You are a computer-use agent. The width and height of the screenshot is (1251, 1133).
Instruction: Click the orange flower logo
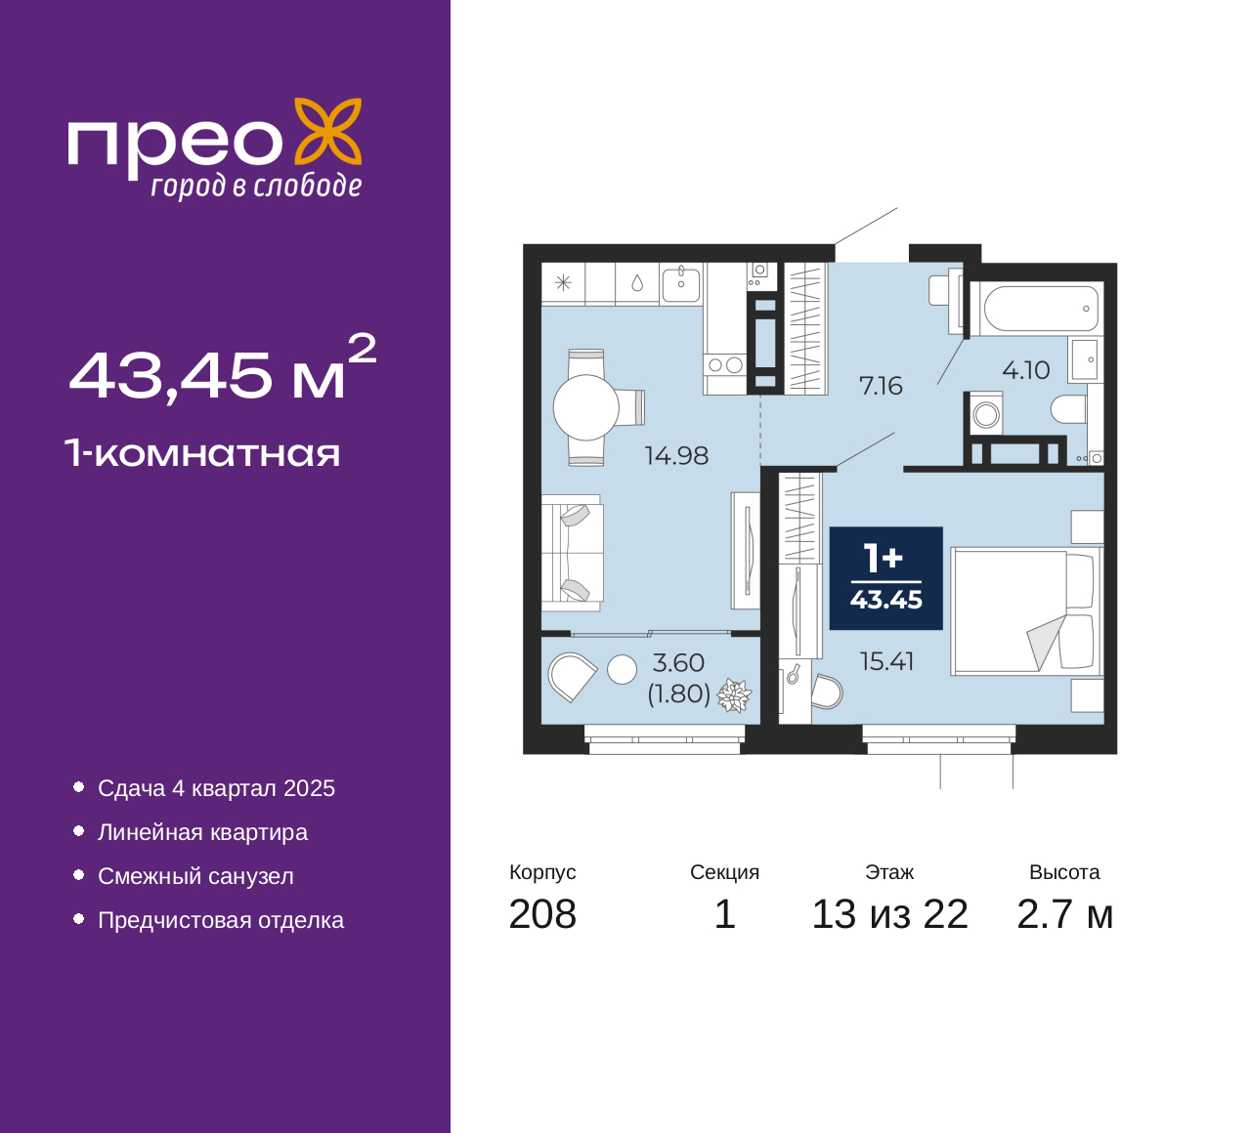pyautogui.click(x=328, y=131)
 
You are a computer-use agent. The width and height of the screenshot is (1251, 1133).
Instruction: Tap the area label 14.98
pyautogui.click(x=676, y=456)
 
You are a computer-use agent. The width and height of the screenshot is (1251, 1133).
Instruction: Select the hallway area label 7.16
pyautogui.click(x=881, y=387)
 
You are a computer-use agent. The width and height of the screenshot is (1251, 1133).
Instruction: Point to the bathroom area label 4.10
pyautogui.click(x=1026, y=370)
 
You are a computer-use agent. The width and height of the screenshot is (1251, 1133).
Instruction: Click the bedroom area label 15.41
pyautogui.click(x=886, y=661)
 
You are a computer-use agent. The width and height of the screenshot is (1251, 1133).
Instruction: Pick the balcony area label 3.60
pyautogui.click(x=678, y=662)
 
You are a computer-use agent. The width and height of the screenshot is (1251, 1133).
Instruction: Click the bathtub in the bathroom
pyautogui.click(x=1040, y=309)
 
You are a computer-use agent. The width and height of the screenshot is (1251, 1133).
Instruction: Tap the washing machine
pyautogui.click(x=985, y=413)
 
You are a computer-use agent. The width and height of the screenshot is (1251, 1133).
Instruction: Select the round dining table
pyautogui.click(x=585, y=407)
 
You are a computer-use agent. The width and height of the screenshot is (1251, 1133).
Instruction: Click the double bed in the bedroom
pyautogui.click(x=1026, y=610)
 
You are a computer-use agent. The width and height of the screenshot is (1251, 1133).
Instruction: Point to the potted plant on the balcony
pyautogui.click(x=734, y=694)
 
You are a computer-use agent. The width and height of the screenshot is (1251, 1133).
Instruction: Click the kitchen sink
pyautogui.click(x=680, y=285)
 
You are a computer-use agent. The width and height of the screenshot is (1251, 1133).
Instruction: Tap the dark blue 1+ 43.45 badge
pyautogui.click(x=885, y=577)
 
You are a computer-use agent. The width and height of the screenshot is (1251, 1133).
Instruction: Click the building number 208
pyautogui.click(x=542, y=914)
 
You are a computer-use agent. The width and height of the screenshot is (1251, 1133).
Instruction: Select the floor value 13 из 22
pyautogui.click(x=890, y=914)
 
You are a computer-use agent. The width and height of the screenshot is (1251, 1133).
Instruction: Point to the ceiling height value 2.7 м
pyautogui.click(x=1064, y=914)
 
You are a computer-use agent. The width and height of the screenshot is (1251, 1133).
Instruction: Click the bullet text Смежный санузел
pyautogui.click(x=195, y=876)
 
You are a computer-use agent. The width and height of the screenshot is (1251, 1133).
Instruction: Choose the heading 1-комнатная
pyautogui.click(x=203, y=453)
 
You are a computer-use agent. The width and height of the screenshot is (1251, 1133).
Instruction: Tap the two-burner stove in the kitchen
pyautogui.click(x=725, y=364)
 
